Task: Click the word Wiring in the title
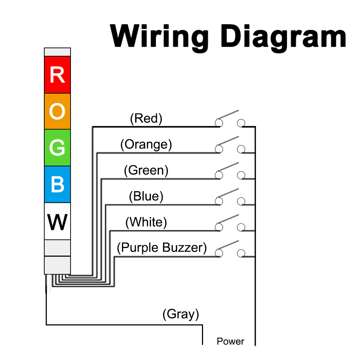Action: point(159,36)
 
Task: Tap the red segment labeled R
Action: point(57,75)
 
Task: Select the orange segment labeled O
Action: point(57,112)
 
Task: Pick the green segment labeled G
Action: point(57,148)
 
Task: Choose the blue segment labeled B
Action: point(57,184)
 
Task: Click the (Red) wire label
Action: point(146,118)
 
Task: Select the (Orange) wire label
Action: point(146,144)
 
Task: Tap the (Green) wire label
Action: point(146,170)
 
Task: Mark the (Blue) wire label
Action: point(146,196)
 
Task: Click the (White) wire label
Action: point(146,222)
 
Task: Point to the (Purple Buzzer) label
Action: point(162,248)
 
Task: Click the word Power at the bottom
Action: point(230,341)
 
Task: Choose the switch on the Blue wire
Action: point(230,198)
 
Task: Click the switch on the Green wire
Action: point(230,172)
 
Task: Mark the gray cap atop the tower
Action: point(57,52)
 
